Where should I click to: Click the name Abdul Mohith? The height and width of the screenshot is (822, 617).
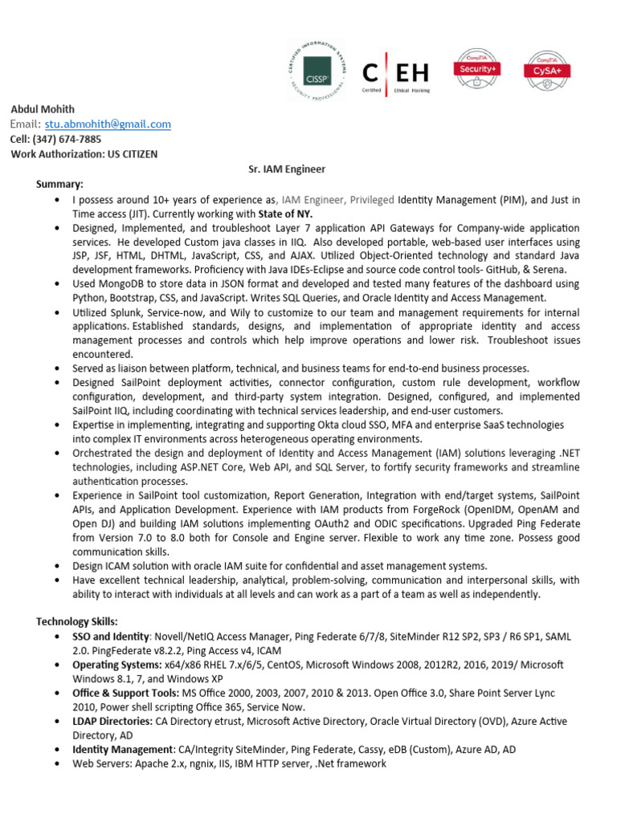(42, 109)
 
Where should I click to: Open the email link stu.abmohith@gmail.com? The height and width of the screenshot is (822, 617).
(108, 124)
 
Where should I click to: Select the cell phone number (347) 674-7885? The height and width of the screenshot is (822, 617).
(67, 138)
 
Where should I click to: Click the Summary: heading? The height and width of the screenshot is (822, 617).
(59, 184)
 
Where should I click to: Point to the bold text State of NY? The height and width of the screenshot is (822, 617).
(285, 214)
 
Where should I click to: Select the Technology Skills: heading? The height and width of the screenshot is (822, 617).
(77, 621)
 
